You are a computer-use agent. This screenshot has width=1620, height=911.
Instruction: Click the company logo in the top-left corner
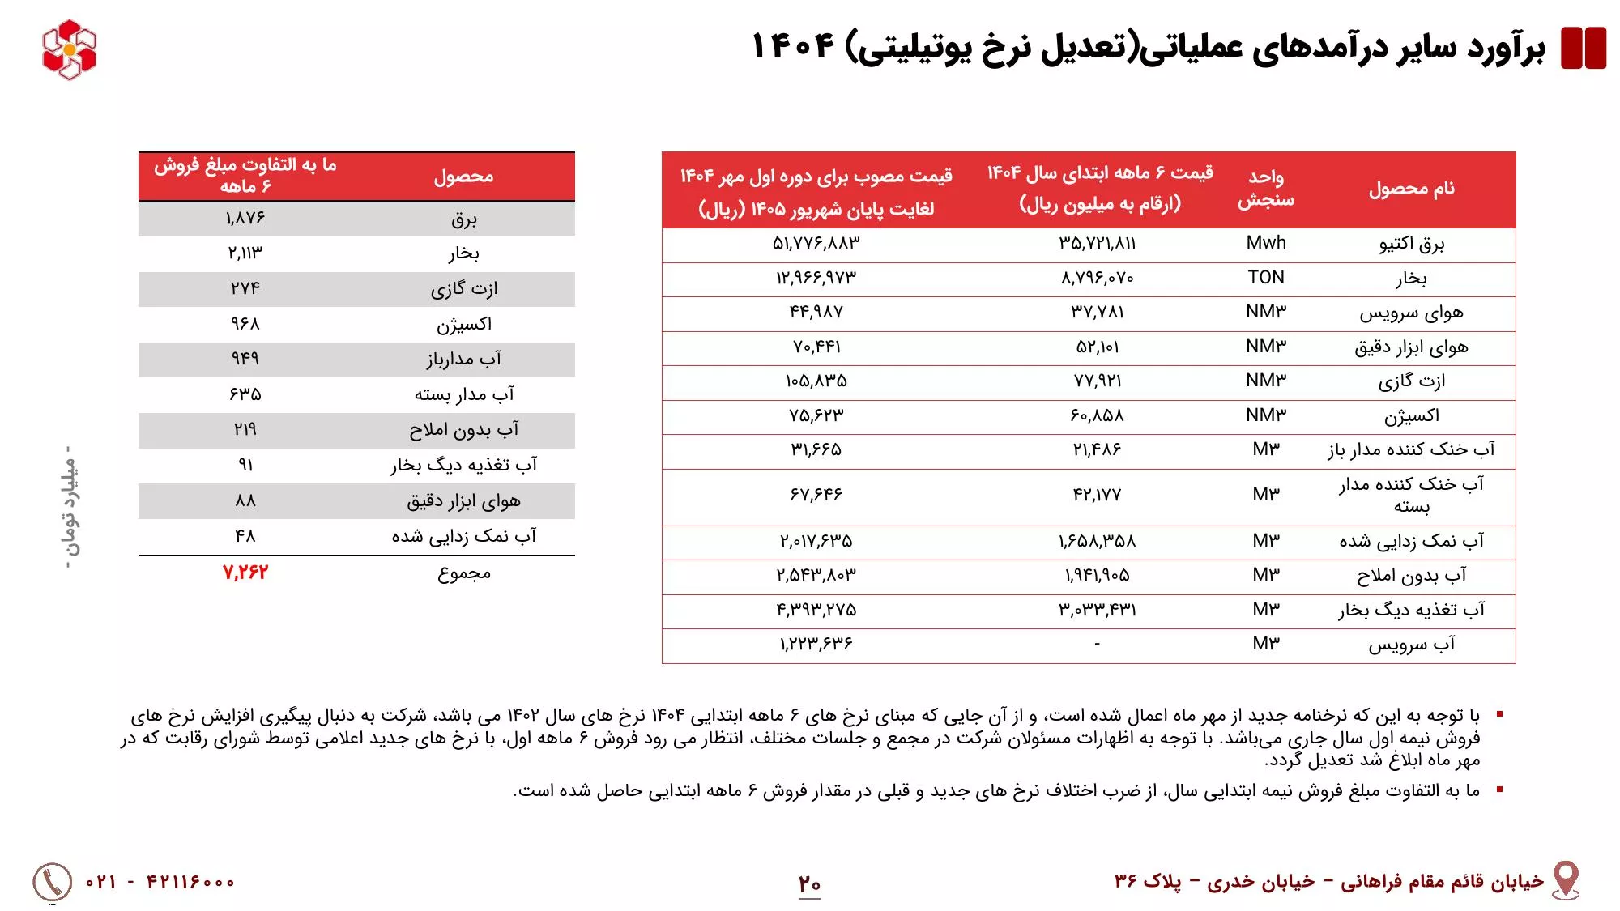(x=69, y=49)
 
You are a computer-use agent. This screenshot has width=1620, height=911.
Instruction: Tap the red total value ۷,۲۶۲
(x=245, y=573)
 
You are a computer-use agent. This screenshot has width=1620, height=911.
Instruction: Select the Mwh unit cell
(x=1266, y=243)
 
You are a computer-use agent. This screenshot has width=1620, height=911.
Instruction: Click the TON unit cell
(x=1266, y=278)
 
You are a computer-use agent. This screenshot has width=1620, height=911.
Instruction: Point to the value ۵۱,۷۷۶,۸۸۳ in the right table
(x=816, y=243)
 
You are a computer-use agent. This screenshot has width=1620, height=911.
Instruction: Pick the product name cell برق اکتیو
(x=1411, y=244)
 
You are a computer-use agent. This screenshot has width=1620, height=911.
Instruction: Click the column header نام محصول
(x=1411, y=189)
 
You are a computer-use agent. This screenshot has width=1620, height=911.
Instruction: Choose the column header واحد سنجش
(x=1265, y=189)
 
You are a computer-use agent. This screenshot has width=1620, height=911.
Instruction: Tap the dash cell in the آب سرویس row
(x=1097, y=645)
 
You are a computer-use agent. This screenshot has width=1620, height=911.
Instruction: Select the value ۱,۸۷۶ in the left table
(x=245, y=219)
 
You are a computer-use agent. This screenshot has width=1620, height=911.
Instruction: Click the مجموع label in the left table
(x=463, y=573)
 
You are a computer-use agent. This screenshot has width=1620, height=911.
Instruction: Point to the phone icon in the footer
(x=52, y=882)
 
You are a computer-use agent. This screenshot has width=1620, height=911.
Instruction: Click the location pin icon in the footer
(x=1566, y=879)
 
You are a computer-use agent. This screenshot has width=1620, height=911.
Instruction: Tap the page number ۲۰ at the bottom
(x=809, y=883)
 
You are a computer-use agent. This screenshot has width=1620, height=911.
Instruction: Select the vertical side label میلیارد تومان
(x=70, y=507)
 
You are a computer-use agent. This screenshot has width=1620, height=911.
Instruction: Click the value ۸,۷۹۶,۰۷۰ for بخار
(x=1097, y=279)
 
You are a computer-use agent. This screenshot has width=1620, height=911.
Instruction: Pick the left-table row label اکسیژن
(x=463, y=325)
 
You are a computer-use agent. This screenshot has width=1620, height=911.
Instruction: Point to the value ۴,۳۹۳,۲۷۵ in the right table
(x=816, y=610)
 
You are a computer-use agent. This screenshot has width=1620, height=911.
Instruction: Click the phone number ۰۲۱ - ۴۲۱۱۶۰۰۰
(x=160, y=882)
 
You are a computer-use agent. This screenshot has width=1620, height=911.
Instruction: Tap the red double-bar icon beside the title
(x=1583, y=48)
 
